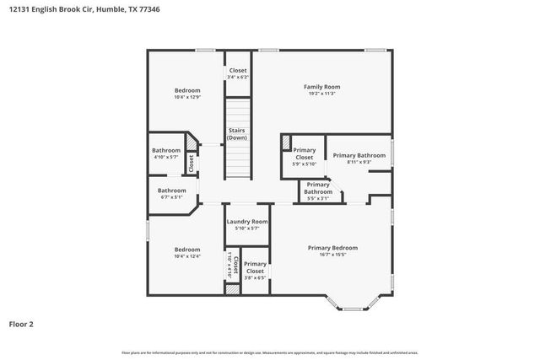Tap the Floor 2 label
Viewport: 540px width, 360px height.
coord(21,323)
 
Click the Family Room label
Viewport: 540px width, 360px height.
coord(321,87)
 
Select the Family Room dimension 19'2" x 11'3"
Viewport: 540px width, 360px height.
coord(321,94)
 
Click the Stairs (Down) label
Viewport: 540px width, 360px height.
coord(237,134)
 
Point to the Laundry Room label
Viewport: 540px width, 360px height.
coord(247,222)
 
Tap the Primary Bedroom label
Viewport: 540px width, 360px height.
coord(332,248)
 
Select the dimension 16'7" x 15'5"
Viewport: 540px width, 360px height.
coord(332,255)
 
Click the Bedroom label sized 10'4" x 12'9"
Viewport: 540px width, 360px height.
coord(187,90)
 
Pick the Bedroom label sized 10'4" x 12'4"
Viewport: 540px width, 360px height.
coord(187,250)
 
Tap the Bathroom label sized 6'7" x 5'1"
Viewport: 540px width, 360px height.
coord(171,191)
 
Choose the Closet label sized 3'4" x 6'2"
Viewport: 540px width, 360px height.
coord(238,71)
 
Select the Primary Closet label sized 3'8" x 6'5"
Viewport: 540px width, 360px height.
coord(255,268)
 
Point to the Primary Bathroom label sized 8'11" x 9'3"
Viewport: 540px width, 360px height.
coord(359,155)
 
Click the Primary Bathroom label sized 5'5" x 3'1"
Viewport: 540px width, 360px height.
coord(318,188)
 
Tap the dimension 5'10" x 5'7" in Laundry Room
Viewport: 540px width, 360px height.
coord(247,228)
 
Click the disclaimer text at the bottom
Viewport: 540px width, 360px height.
coord(270,352)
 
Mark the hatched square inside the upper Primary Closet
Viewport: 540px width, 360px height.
coord(287,141)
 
